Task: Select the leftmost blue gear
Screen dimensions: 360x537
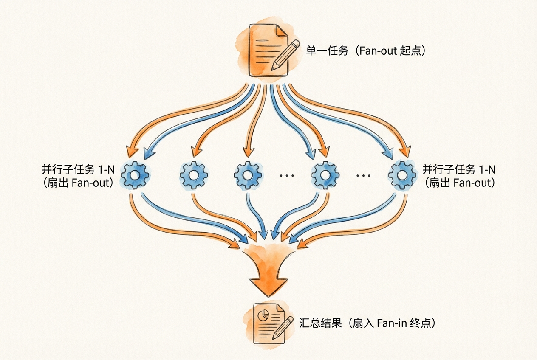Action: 135,174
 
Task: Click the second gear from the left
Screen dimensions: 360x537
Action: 193,174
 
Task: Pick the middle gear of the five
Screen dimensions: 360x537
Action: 247,174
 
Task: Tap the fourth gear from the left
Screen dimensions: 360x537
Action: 325,174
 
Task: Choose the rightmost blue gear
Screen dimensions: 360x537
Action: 401,174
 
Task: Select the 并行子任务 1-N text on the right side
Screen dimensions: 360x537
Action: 459,170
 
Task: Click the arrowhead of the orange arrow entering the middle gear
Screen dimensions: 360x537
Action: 247,151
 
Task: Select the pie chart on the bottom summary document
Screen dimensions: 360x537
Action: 263,315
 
